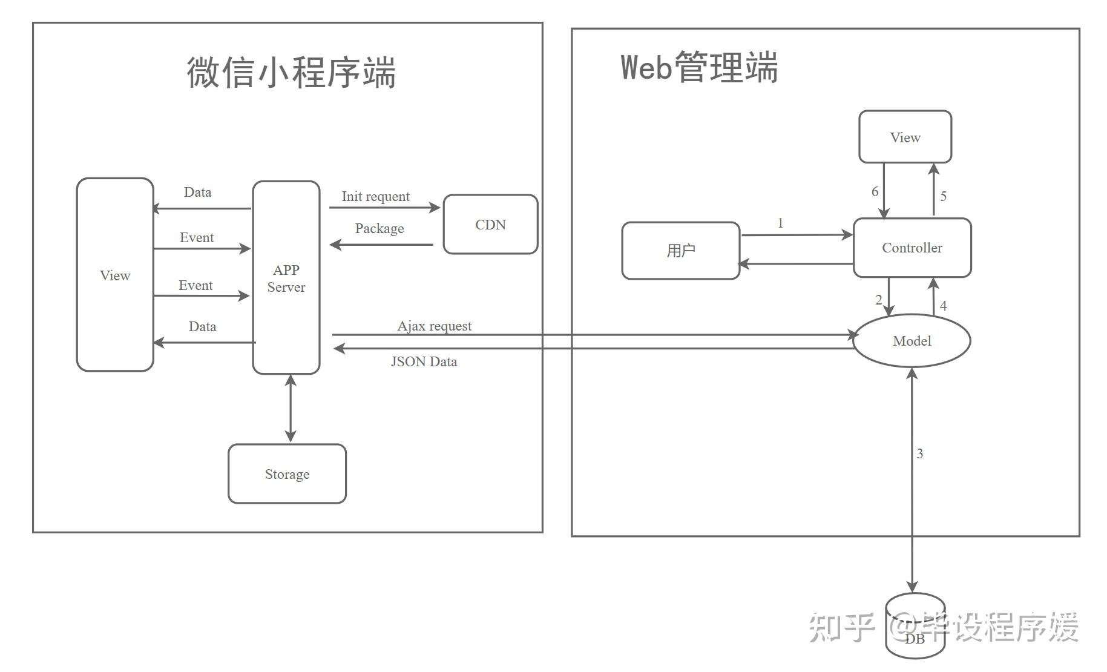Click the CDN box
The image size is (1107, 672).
point(490,224)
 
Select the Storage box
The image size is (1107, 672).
point(287,473)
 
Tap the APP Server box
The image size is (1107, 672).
point(286,277)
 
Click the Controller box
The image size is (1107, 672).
point(912,248)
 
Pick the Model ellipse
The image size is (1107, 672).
point(912,340)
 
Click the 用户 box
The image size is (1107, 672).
point(681,251)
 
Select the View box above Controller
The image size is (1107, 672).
point(905,137)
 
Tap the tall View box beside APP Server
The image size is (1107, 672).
point(115,274)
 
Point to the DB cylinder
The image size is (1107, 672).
point(915,625)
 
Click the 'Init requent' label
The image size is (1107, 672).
point(375,196)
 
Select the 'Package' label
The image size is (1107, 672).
point(379,228)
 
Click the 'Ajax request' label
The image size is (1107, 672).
point(434,326)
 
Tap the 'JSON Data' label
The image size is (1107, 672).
point(424,361)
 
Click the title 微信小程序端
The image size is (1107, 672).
point(291,73)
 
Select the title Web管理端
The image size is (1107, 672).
point(699,67)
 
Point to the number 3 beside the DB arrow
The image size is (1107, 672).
point(919,453)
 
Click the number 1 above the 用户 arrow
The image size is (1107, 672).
point(780,223)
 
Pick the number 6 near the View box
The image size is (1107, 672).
point(875,191)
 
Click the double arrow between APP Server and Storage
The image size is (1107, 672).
point(291,408)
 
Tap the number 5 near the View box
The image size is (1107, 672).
point(943,196)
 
